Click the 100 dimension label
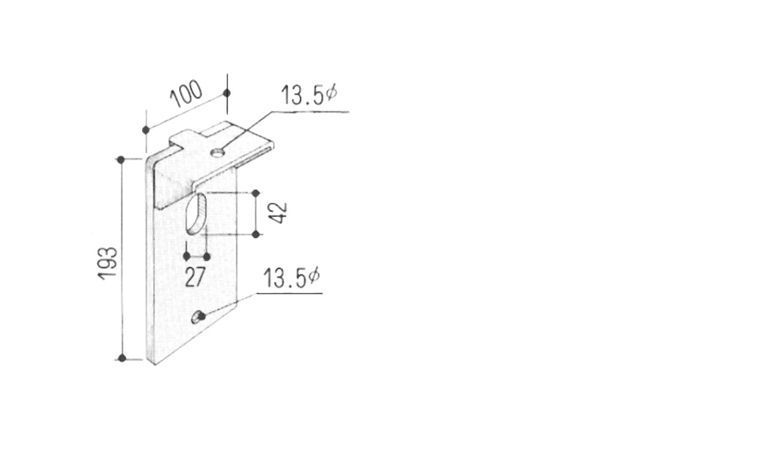click(186, 93)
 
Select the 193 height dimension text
click(108, 263)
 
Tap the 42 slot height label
click(279, 212)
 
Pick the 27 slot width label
click(195, 277)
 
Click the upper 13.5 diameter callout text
click(309, 95)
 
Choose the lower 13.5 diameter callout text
click(291, 278)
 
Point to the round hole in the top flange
click(217, 153)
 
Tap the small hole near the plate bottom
click(198, 318)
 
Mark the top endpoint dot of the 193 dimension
click(121, 160)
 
